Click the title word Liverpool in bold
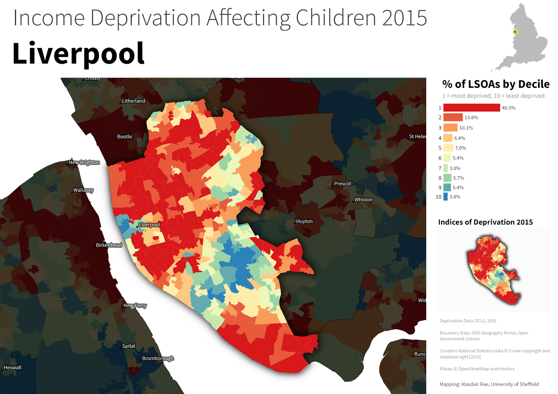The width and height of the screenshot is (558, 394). click(78, 54)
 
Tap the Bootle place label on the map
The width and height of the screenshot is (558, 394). click(125, 137)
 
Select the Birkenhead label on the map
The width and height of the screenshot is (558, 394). click(109, 245)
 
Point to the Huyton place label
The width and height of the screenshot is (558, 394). click(304, 221)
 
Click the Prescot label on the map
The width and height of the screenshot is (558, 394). click(342, 184)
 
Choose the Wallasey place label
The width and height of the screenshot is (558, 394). click(83, 190)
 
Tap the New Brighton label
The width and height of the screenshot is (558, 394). click(84, 162)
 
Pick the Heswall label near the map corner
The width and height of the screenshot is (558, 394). click(13, 368)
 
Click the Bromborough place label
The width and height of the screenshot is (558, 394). click(158, 358)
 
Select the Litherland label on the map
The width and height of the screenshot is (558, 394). click(133, 101)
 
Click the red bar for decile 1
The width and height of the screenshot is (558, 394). click(472, 108)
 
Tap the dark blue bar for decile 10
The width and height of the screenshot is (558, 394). click(445, 197)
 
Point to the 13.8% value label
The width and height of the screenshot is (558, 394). click(471, 118)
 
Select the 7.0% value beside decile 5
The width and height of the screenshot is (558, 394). click(460, 148)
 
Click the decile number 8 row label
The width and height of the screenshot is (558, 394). click(440, 178)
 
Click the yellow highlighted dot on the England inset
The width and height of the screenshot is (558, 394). click(515, 32)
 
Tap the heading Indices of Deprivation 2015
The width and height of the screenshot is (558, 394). click(485, 222)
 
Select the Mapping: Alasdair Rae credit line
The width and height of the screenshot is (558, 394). click(489, 384)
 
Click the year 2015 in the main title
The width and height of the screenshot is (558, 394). click(404, 18)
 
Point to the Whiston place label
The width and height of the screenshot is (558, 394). click(363, 200)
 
